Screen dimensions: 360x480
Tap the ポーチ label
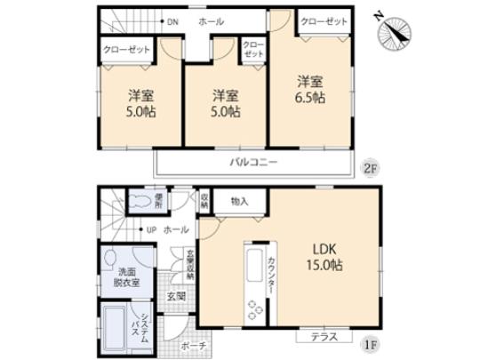[194, 345]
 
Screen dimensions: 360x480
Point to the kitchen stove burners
[255, 311]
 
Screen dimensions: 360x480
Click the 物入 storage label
[239, 201]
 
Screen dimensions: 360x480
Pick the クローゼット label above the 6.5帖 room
[323, 20]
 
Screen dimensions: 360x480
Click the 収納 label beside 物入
[204, 201]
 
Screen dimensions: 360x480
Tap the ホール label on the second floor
[212, 21]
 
